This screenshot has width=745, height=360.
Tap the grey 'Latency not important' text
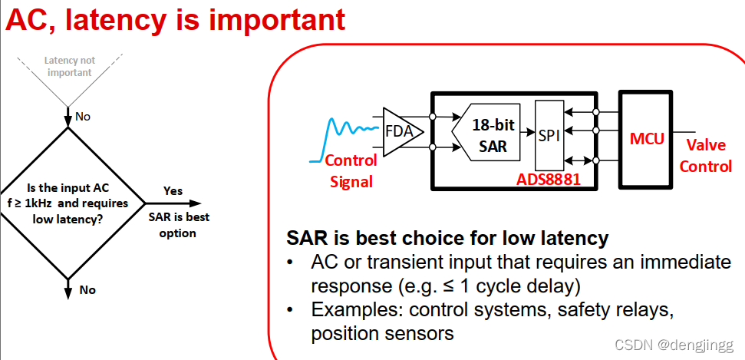tap(69, 67)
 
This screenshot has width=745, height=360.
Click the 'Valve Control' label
tap(706, 156)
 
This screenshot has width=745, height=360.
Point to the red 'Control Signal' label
tap(351, 171)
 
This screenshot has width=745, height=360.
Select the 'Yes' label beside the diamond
tap(173, 191)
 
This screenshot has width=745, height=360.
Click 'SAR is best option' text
tap(177, 225)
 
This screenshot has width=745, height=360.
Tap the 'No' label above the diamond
tap(82, 117)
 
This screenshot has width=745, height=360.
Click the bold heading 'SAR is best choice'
tap(447, 238)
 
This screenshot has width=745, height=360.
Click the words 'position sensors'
tap(382, 334)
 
